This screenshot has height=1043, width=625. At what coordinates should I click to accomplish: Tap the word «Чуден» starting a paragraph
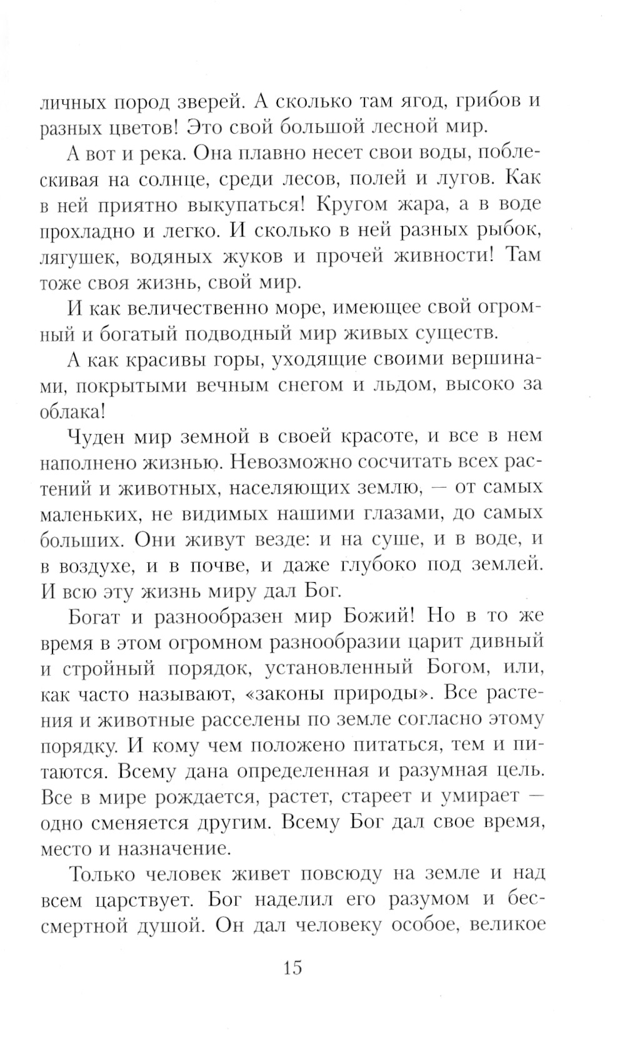[x=97, y=437]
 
